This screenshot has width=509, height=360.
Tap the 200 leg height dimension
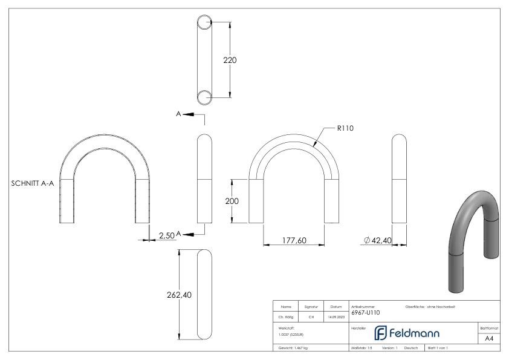click(x=233, y=201)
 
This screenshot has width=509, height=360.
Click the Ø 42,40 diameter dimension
click(x=378, y=241)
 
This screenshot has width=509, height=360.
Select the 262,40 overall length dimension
click(x=179, y=295)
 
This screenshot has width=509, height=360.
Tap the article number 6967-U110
click(x=366, y=313)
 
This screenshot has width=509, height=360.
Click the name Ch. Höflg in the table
click(x=285, y=316)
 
